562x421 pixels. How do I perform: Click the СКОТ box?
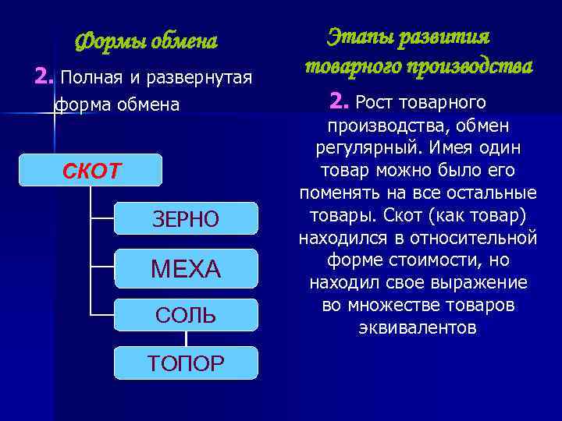(x=91, y=169)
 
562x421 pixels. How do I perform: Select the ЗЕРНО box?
(x=185, y=219)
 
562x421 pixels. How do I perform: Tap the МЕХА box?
(x=185, y=269)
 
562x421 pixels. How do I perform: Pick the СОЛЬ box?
(x=185, y=315)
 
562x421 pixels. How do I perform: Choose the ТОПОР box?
(x=185, y=363)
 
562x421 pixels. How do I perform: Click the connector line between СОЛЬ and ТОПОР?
(x=186, y=338)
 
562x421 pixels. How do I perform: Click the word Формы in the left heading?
(x=106, y=41)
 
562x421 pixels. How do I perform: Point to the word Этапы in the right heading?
(x=361, y=37)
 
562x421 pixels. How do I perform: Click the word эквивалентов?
(x=417, y=327)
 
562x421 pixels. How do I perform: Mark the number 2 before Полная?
(x=44, y=77)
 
